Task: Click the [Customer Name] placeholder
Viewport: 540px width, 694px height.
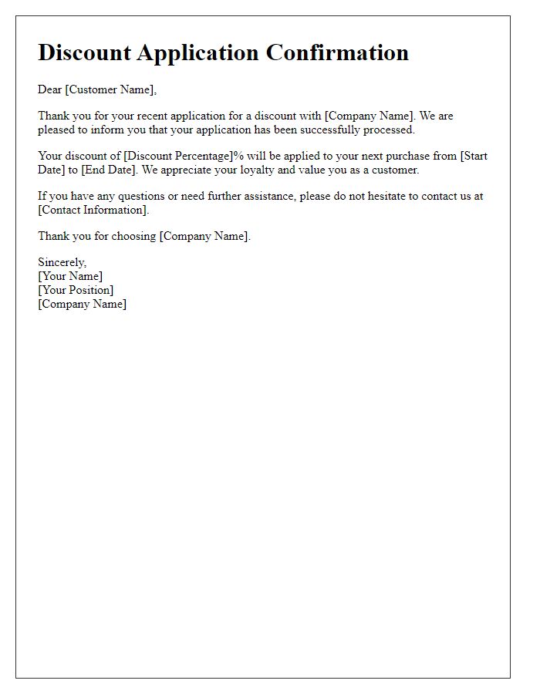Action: [110, 89]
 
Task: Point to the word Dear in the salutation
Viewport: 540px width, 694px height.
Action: [49, 89]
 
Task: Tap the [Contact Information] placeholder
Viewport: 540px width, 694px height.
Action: [93, 210]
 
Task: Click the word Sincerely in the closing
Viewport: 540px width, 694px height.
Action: [62, 262]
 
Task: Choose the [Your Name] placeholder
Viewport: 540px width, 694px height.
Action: [70, 276]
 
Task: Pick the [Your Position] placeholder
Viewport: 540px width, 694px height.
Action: [76, 290]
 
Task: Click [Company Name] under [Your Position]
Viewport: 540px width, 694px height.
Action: [83, 304]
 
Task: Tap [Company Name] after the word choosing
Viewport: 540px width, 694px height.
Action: [204, 236]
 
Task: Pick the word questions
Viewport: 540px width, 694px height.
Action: [143, 196]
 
